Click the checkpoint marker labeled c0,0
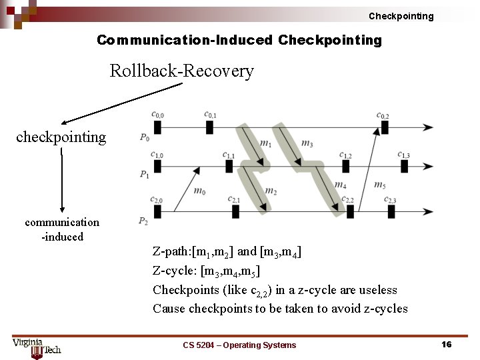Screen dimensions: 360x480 pyautogui.click(x=157, y=127)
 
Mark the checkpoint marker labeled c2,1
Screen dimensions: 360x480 pyautogui.click(x=235, y=211)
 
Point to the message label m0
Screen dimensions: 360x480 pyautogui.click(x=199, y=191)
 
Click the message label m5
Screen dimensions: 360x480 pyautogui.click(x=379, y=185)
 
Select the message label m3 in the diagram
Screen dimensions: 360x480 pyautogui.click(x=307, y=143)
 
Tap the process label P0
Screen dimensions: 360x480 pyautogui.click(x=145, y=137)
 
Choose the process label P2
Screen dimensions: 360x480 pyautogui.click(x=143, y=221)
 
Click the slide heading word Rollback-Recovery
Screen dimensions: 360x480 pyautogui.click(x=181, y=71)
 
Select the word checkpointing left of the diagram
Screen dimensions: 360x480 pyautogui.click(x=61, y=137)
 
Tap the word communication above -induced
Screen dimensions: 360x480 pyautogui.click(x=62, y=222)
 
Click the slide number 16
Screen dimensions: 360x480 pyautogui.click(x=446, y=344)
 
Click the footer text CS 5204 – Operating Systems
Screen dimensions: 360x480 pyautogui.click(x=239, y=345)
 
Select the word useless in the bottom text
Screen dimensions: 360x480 pyautogui.click(x=377, y=289)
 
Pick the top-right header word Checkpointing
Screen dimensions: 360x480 pyautogui.click(x=401, y=16)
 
